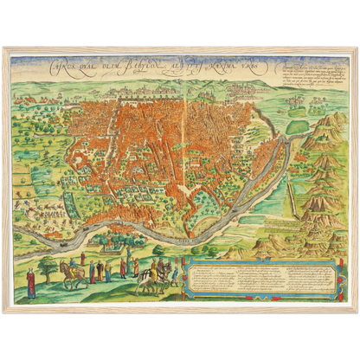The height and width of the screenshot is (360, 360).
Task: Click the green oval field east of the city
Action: click(x=297, y=126)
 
